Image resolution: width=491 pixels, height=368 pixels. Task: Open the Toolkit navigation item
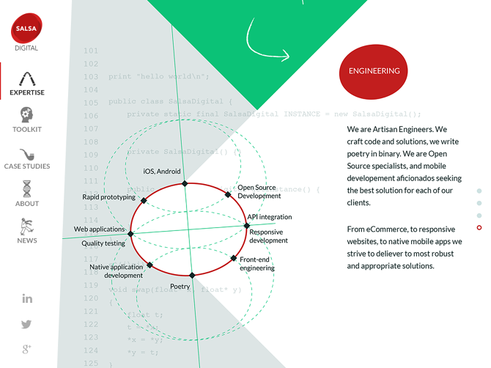(27, 119)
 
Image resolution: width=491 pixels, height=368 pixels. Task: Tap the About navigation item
(27, 194)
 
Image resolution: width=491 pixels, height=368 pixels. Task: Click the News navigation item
(27, 230)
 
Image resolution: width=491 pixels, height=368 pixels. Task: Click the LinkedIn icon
(27, 298)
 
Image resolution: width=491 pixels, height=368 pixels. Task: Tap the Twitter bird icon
(27, 324)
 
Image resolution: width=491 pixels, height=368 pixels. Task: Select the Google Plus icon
(27, 349)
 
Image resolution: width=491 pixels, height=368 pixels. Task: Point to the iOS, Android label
(161, 172)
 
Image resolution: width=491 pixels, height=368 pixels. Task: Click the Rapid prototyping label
(108, 197)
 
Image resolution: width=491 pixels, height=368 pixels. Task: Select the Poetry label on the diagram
(180, 287)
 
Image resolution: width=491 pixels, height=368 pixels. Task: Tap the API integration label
(269, 217)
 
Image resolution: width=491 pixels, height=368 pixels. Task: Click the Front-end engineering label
(257, 264)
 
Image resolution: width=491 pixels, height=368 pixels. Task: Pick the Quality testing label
(103, 243)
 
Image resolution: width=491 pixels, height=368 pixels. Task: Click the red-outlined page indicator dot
(479, 228)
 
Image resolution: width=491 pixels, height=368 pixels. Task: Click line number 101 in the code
(91, 51)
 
